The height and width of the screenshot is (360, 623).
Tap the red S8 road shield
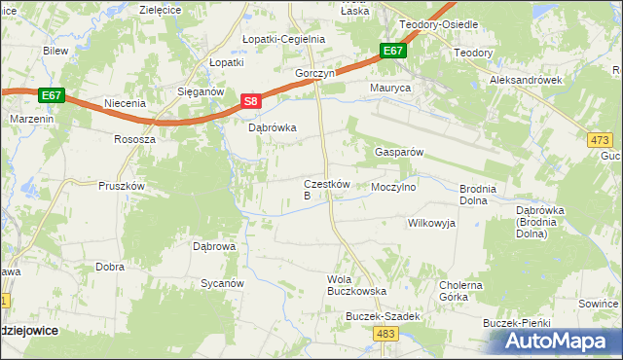(x=250, y=101)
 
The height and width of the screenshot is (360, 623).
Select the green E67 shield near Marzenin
(x=53, y=94)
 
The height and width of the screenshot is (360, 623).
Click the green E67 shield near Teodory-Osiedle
(x=393, y=51)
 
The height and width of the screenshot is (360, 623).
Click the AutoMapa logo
(x=557, y=342)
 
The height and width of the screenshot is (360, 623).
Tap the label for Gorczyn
(x=316, y=73)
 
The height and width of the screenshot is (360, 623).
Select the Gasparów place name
(x=397, y=153)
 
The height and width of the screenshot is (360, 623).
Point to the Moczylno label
(x=393, y=186)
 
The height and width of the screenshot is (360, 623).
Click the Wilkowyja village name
(x=430, y=223)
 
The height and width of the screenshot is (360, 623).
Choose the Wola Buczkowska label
(x=356, y=285)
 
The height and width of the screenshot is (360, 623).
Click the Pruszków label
(x=122, y=186)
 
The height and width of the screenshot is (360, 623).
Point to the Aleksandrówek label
(x=527, y=81)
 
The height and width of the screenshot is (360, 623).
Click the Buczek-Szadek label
(x=383, y=317)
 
